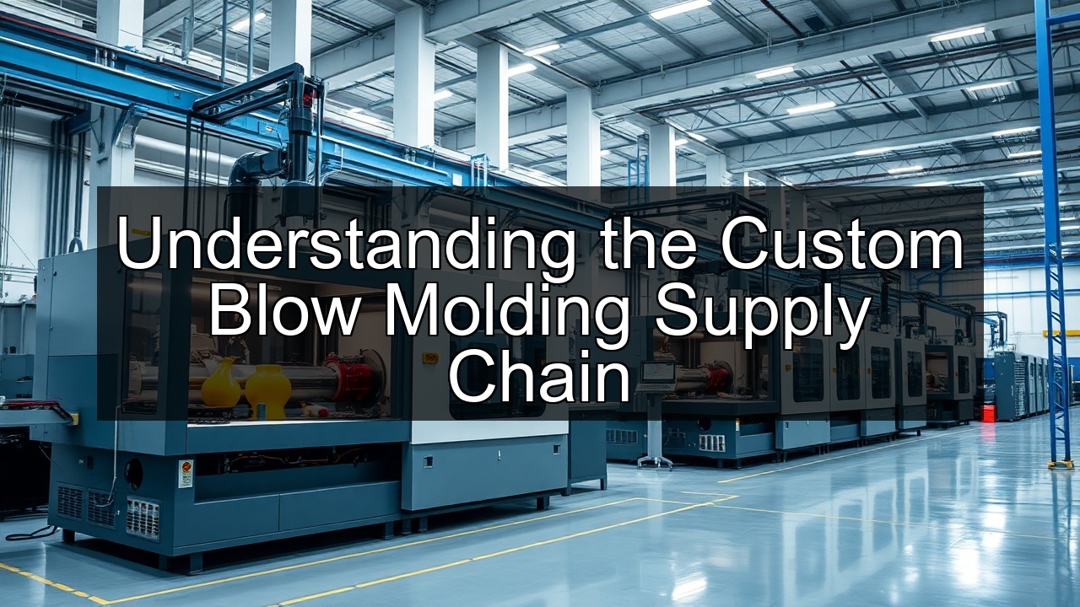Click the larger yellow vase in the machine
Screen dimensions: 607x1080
267,391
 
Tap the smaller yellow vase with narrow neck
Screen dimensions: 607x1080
221,384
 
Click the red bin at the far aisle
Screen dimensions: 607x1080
989,412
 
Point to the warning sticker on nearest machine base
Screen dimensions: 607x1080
186,473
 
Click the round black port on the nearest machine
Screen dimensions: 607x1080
134,473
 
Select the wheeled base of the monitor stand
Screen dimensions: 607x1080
655,460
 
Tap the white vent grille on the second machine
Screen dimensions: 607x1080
711,443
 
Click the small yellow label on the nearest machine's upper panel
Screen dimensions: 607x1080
430,358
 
